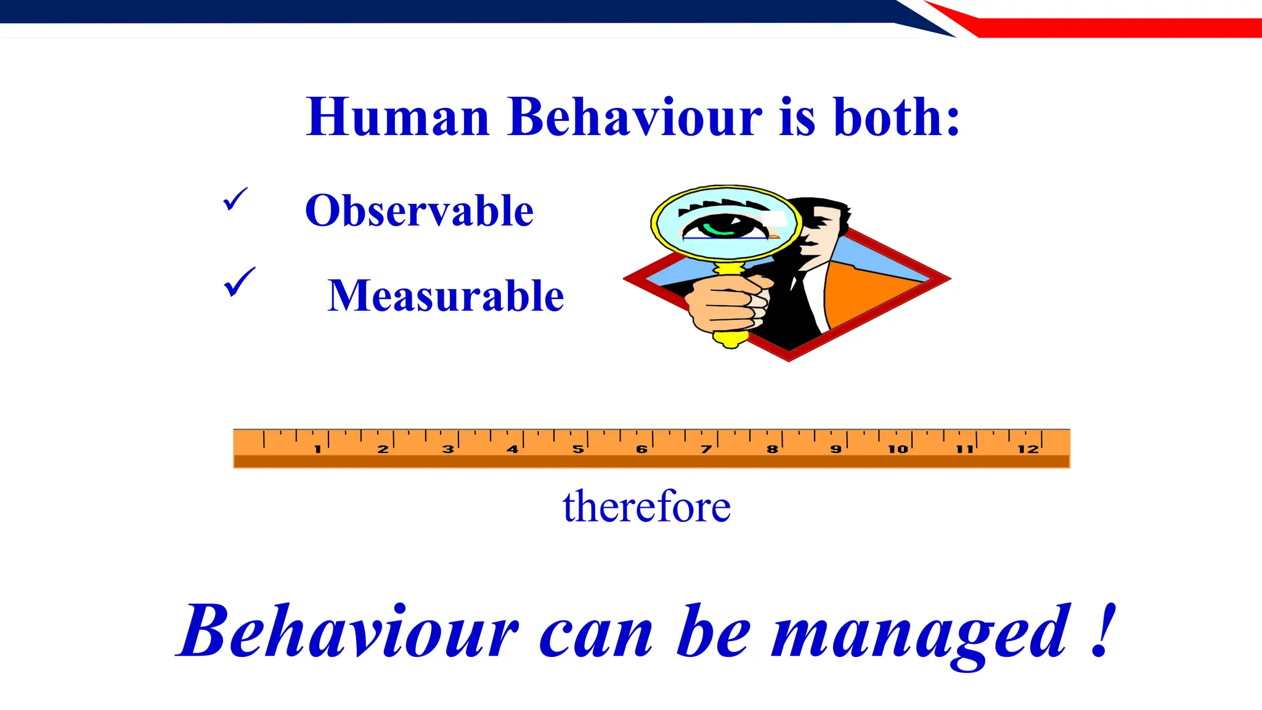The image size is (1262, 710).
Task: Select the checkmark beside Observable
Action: [x=235, y=199]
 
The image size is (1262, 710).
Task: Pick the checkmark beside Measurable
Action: [x=239, y=282]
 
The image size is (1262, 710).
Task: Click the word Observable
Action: [x=419, y=211]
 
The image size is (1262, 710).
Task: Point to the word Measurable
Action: [x=446, y=296]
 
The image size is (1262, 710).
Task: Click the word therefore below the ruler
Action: [x=646, y=507]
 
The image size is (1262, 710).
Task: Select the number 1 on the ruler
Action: [x=317, y=449]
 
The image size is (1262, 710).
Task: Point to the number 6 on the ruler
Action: [x=641, y=449]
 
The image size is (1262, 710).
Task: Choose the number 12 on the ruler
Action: [x=1028, y=449]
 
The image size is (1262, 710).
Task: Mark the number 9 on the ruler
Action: [x=836, y=449]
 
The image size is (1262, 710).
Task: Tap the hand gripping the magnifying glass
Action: [x=727, y=302]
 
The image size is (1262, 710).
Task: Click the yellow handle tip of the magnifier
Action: [x=731, y=339]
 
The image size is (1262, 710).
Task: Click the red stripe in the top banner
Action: [x=1109, y=28]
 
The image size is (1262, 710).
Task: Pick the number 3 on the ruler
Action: [x=448, y=449]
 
